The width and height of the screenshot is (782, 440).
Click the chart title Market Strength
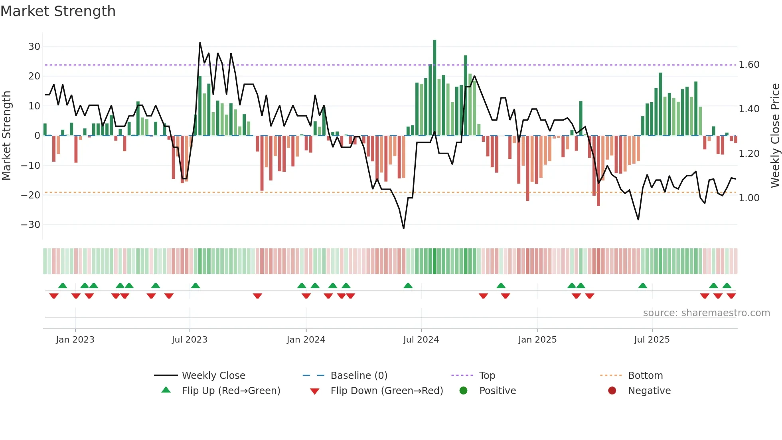pos(58,11)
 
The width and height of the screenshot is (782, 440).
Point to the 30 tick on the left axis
pos(34,47)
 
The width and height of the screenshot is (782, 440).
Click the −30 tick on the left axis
pos(31,225)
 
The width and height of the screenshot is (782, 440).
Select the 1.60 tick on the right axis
pos(749,65)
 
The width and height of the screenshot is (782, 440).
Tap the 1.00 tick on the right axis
pos(749,198)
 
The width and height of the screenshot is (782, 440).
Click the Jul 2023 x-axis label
pos(190,340)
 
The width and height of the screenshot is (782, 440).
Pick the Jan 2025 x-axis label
pos(537,340)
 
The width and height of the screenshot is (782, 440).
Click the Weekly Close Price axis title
pos(775,135)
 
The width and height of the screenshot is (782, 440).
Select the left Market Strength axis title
pos(6,135)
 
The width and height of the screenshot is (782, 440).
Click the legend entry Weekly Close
pos(213,376)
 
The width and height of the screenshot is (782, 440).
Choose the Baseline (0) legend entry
pos(359,376)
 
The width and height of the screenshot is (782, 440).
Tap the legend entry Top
pos(487,376)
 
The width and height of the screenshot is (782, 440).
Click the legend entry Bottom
pos(645,376)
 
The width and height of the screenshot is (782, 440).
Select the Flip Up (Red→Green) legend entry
pos(231,391)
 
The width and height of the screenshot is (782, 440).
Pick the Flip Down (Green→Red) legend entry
pos(387,391)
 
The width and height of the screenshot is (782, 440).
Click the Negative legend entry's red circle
pos(612,390)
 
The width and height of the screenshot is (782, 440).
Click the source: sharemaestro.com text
pos(706,313)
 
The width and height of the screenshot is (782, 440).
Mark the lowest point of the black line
pos(403,228)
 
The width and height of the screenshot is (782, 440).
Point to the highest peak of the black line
pos(200,43)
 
